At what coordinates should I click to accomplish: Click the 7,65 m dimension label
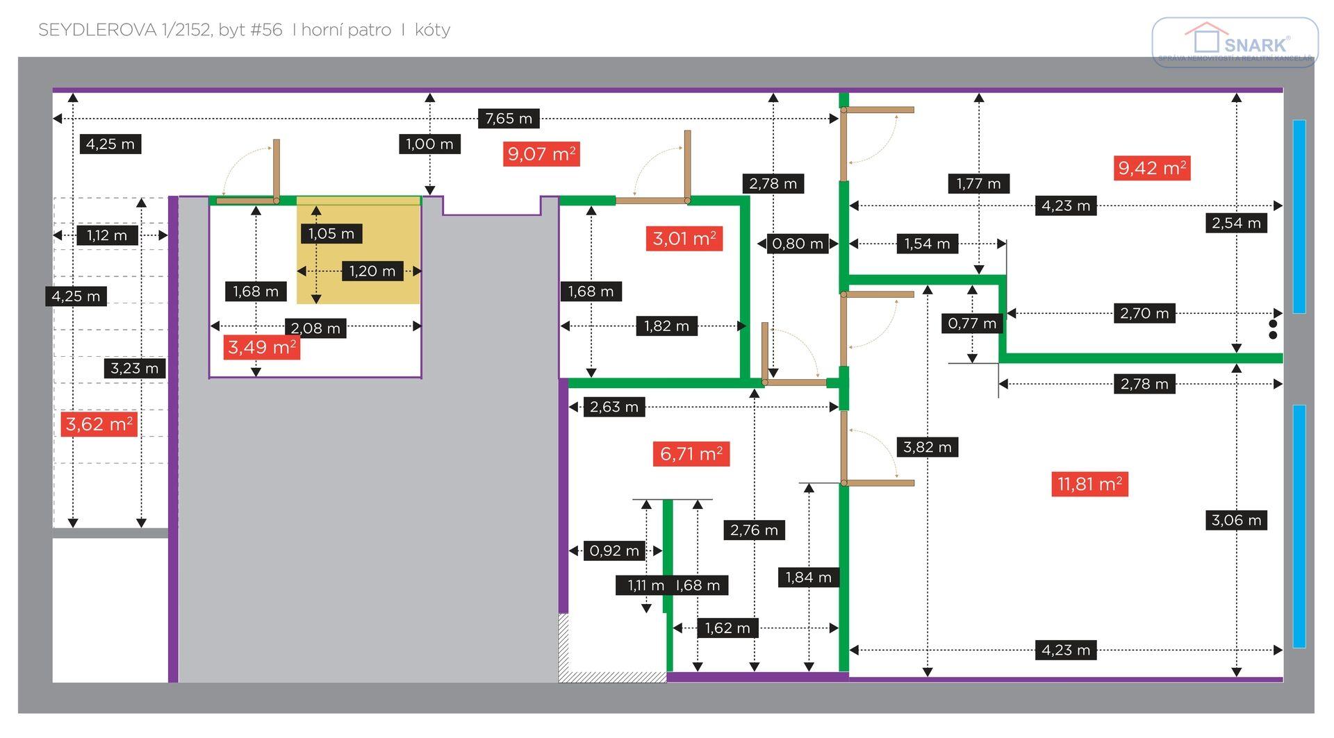click(x=509, y=119)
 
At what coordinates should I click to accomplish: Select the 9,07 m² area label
click(x=541, y=153)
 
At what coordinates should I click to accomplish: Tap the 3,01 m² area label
click(x=684, y=239)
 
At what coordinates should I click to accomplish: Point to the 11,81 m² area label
click(x=1089, y=484)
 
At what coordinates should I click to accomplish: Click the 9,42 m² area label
click(x=1152, y=168)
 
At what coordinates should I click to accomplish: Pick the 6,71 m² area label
click(x=691, y=454)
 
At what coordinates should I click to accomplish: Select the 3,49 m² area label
click(x=262, y=347)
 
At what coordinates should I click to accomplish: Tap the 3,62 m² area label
click(x=99, y=424)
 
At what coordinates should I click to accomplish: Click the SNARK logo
click(x=1235, y=42)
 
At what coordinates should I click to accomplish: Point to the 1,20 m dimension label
click(x=372, y=271)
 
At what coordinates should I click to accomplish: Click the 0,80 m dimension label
click(x=798, y=244)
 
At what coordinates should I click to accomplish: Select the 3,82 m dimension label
click(x=928, y=447)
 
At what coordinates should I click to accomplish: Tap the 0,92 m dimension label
click(x=614, y=551)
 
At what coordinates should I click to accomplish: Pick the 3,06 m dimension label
click(x=1236, y=520)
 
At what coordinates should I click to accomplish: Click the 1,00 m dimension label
click(x=429, y=144)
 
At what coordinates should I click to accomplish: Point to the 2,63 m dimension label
click(x=614, y=407)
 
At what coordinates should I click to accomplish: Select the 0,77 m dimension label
click(x=972, y=323)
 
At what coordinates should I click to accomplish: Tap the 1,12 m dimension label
click(x=107, y=235)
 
